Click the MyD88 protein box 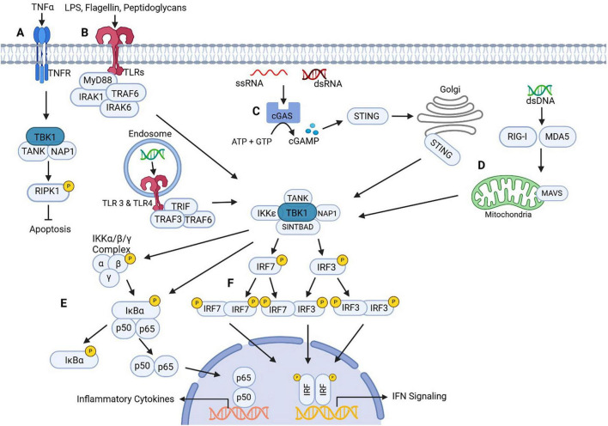pyautogui.click(x=98, y=81)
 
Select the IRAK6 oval pyautogui.click(x=119, y=107)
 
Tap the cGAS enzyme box pyautogui.click(x=283, y=113)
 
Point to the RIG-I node pyautogui.click(x=518, y=137)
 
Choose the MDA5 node pyautogui.click(x=557, y=137)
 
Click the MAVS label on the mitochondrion pyautogui.click(x=552, y=193)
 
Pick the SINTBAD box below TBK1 pyautogui.click(x=298, y=227)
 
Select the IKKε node pyautogui.click(x=266, y=213)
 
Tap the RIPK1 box pyautogui.click(x=48, y=192)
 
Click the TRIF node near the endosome pyautogui.click(x=180, y=206)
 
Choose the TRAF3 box pyautogui.click(x=167, y=219)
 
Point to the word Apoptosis pyautogui.click(x=50, y=229)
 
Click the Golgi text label pyautogui.click(x=450, y=89)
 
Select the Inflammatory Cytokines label pyautogui.click(x=125, y=399)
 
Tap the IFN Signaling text pyautogui.click(x=419, y=397)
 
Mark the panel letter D pyautogui.click(x=481, y=165)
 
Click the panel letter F pyautogui.click(x=231, y=283)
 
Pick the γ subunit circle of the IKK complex pyautogui.click(x=109, y=278)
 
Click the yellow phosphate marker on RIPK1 pyautogui.click(x=69, y=186)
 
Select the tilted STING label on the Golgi pyautogui.click(x=441, y=149)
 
